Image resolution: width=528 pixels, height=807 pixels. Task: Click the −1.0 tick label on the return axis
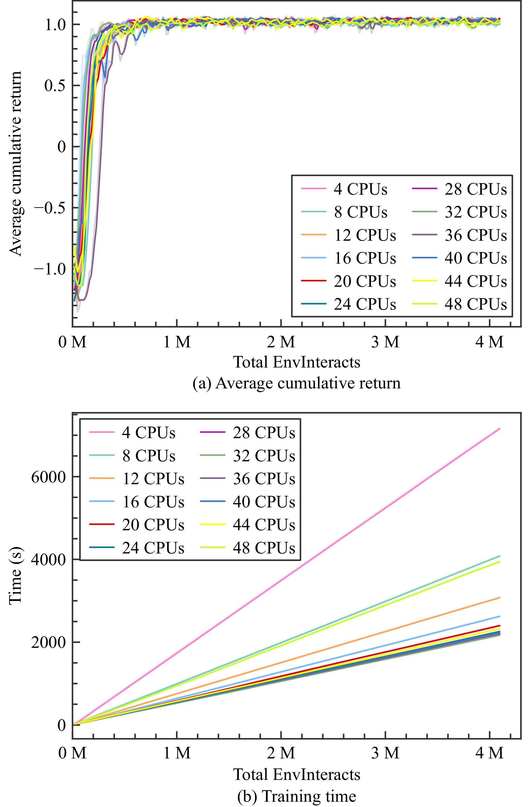click(50, 269)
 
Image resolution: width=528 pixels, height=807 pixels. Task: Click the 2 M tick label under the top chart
click(281, 342)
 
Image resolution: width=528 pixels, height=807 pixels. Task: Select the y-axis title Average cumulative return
click(15, 163)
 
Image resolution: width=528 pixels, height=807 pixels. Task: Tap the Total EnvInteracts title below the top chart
click(297, 362)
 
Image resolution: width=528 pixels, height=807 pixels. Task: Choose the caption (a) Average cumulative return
click(297, 383)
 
